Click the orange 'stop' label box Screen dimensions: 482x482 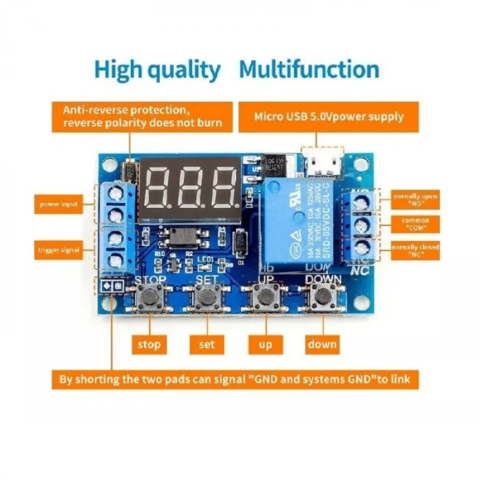click(149, 344)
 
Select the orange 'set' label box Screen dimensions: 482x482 click(206, 344)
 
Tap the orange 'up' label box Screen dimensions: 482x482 click(264, 344)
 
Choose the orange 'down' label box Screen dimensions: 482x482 click(322, 344)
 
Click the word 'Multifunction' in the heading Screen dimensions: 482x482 click(309, 70)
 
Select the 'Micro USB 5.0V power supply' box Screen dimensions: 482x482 click(328, 116)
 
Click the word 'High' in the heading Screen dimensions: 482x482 click(118, 70)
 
